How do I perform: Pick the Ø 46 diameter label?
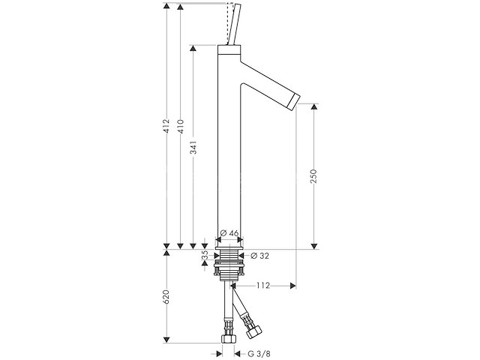coord(229,233)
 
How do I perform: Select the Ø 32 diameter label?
coord(257,256)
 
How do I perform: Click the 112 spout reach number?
coord(262,285)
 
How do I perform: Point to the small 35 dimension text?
coord(204,256)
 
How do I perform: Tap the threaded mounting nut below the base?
coord(229,264)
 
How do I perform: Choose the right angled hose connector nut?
coord(256,328)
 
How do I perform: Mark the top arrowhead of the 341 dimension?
coord(194,48)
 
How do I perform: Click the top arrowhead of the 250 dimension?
coord(314,106)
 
